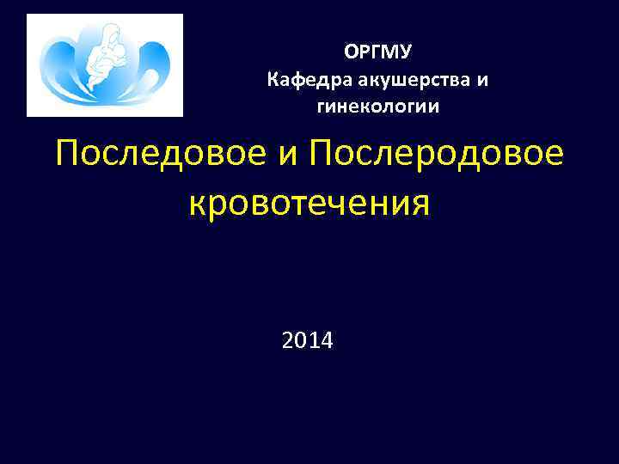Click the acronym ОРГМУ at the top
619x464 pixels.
(378, 53)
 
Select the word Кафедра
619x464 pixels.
(305, 81)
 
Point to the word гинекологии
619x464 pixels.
(377, 107)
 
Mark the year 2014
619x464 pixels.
(308, 342)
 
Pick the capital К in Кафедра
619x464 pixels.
(274, 81)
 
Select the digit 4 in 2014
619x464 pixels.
(328, 342)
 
